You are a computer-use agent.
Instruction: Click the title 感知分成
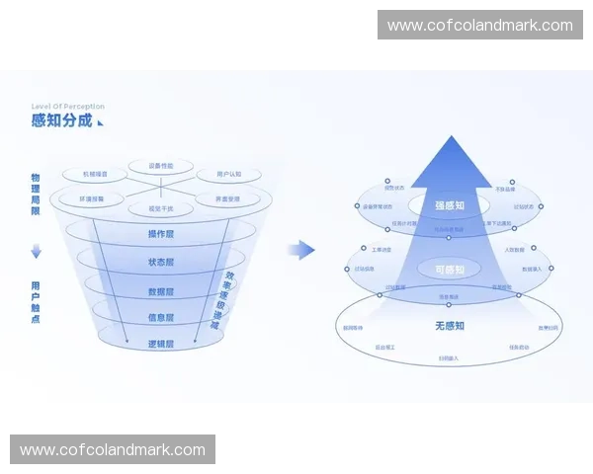click(x=61, y=121)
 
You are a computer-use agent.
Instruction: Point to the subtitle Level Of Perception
click(x=67, y=107)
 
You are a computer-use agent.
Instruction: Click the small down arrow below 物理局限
click(x=37, y=252)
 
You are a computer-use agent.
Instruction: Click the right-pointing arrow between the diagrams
click(x=301, y=250)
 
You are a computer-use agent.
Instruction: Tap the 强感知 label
click(x=450, y=205)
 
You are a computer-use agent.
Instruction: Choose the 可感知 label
click(x=450, y=269)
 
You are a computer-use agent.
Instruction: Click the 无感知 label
click(x=450, y=325)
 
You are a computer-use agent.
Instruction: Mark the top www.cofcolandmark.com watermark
click(x=479, y=26)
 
